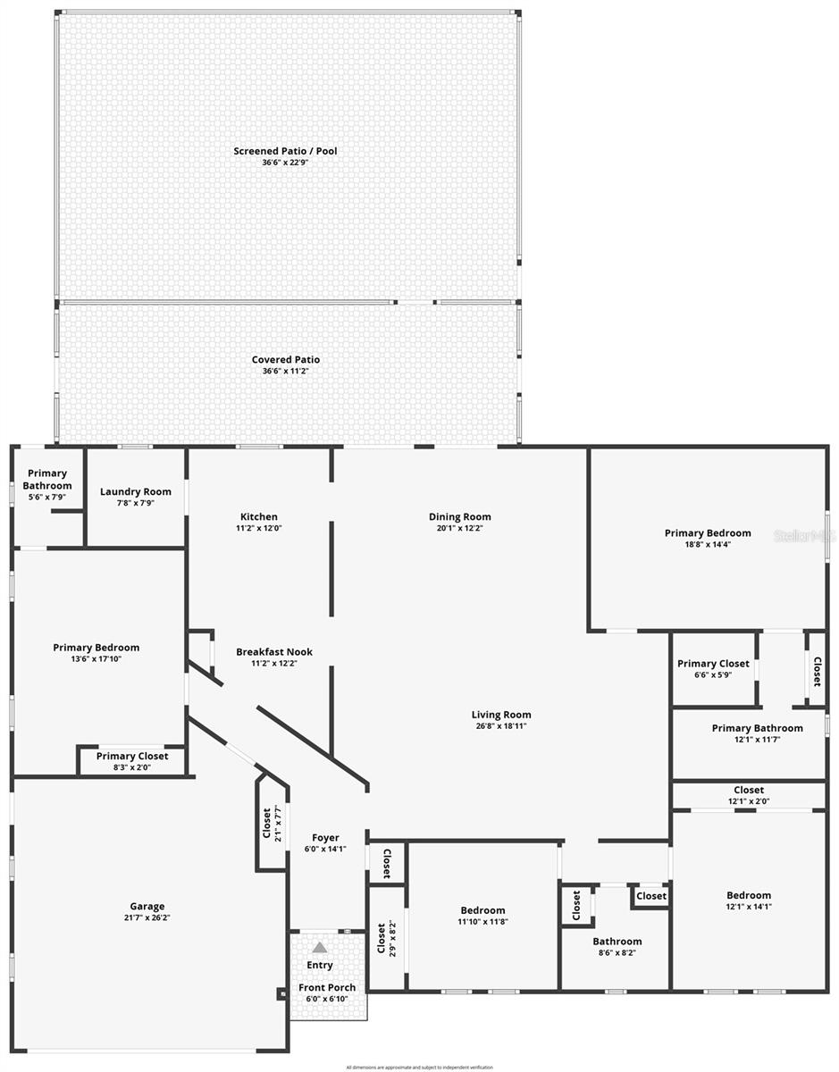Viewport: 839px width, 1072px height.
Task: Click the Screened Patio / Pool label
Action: (285, 151)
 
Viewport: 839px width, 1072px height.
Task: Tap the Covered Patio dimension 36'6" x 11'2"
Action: (285, 372)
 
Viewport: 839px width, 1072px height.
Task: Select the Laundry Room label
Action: (136, 491)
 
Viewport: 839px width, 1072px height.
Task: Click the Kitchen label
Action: (259, 516)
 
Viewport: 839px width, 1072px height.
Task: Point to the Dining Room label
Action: (460, 516)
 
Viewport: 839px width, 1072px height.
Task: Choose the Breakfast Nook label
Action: (274, 652)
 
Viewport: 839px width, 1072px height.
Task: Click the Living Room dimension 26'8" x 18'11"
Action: (501, 726)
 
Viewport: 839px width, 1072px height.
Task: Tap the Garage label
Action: (147, 907)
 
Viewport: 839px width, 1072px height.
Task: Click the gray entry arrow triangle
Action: (320, 947)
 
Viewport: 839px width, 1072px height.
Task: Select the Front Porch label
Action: (327, 987)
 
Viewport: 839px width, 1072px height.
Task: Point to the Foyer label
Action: (325, 838)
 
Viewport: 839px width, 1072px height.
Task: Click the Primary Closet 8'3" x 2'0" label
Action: (134, 757)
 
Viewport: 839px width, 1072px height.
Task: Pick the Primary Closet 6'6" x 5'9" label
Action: (713, 664)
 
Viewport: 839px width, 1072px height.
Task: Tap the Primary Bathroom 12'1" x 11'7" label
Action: (757, 728)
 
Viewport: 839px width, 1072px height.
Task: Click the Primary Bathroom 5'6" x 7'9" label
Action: (47, 480)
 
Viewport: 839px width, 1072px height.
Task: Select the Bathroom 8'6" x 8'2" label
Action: (617, 942)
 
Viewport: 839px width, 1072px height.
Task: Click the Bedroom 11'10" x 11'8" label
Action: (483, 910)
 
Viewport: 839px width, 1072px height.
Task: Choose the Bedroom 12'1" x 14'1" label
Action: (749, 895)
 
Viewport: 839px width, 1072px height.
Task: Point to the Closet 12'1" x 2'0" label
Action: (749, 790)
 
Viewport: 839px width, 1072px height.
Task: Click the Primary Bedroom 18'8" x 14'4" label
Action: (708, 533)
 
